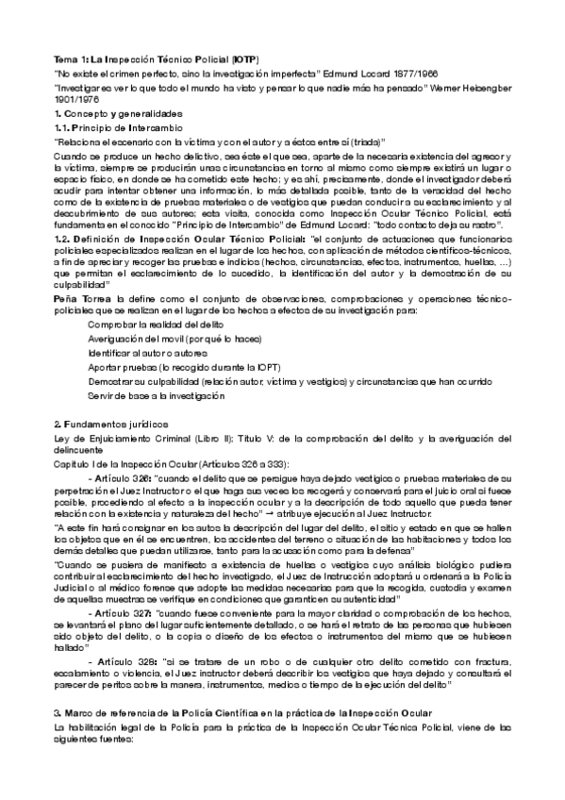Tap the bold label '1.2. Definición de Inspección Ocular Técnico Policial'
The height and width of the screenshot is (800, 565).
point(174,241)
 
